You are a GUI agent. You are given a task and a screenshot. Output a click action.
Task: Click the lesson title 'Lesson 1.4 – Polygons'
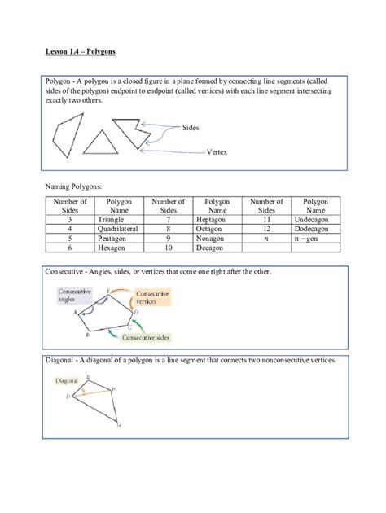pos(81,51)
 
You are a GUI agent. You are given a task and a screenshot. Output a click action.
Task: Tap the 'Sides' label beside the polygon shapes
pos(192,129)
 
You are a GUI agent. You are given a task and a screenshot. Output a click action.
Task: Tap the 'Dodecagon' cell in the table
pos(316,230)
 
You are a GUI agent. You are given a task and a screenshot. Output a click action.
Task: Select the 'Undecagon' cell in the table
pos(316,220)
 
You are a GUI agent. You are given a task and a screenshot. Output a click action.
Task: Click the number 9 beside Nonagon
pos(169,239)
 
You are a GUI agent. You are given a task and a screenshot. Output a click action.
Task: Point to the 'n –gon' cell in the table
pos(316,239)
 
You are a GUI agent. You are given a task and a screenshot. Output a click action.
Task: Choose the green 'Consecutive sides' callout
pos(151,335)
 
